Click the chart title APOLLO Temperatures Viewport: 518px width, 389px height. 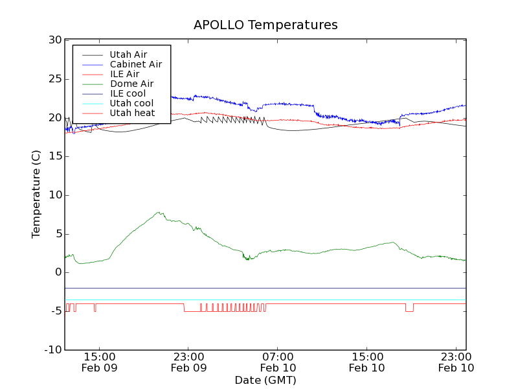coord(265,25)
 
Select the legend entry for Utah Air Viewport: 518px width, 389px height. coord(128,55)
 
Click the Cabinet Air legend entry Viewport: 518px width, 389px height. coord(135,65)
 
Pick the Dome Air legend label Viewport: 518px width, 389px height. coord(131,84)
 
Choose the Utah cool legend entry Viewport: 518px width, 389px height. coord(131,104)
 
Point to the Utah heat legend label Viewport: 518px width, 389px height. coord(132,113)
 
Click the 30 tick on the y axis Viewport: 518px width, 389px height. coord(54,40)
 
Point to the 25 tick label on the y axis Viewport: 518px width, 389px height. coord(54,79)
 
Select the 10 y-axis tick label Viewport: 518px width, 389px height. coord(54,195)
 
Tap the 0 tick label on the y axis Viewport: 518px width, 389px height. coord(58,273)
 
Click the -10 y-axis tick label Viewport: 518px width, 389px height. coord(52,350)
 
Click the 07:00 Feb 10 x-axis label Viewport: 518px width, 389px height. coord(278,362)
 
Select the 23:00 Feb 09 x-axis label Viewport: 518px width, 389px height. coord(188,362)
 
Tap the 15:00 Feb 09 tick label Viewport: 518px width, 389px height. coord(99,362)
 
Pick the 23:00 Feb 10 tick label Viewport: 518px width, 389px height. coord(456,362)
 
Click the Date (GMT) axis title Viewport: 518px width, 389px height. coord(265,380)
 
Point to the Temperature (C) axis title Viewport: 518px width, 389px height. coord(36,195)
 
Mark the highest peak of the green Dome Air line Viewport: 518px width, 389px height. coord(158,212)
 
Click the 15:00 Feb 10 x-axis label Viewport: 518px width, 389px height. coord(367,362)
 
